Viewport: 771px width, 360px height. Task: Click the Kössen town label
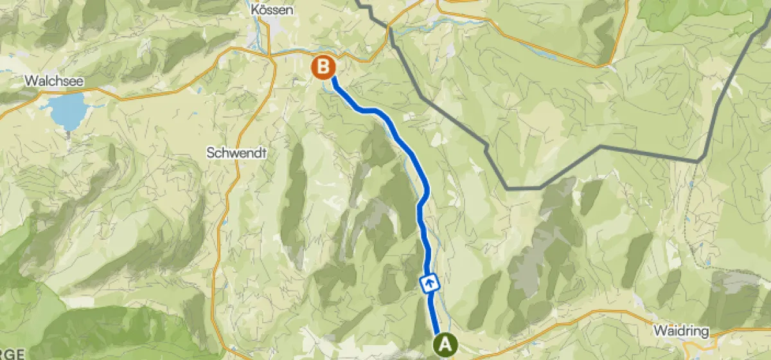point(273,10)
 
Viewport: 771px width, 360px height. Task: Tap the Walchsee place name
point(47,82)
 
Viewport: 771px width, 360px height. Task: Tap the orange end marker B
point(323,66)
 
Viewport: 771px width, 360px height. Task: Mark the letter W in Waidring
point(658,332)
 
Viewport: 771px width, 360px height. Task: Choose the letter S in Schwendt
point(210,153)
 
